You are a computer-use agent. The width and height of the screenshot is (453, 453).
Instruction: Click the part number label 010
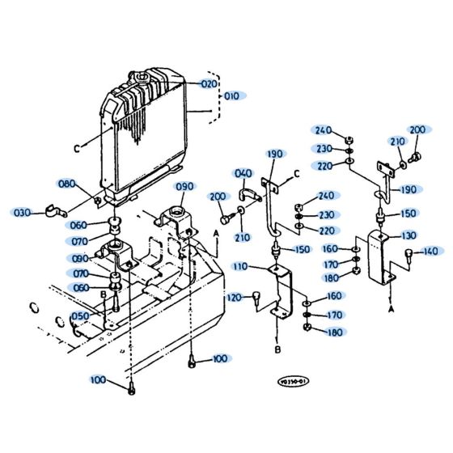click(232, 95)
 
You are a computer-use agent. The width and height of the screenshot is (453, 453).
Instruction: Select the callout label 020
click(210, 84)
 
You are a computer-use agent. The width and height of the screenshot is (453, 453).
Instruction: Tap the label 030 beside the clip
click(22, 213)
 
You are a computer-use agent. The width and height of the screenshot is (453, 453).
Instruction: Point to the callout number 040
click(243, 173)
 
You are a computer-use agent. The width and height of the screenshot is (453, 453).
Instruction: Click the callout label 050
click(80, 316)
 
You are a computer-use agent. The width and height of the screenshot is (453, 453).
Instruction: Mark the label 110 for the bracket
click(240, 266)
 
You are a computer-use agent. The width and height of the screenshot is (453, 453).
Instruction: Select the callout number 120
click(234, 296)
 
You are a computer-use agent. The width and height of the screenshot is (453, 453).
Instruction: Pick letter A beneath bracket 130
click(392, 308)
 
